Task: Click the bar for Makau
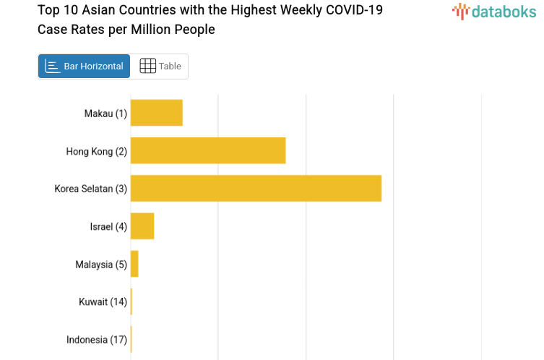(x=156, y=113)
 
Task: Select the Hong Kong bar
(x=208, y=150)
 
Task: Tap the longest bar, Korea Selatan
(x=256, y=188)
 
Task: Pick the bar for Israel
(x=142, y=226)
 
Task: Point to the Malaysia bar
(x=134, y=264)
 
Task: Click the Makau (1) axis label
(x=105, y=113)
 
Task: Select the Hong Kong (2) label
(x=96, y=151)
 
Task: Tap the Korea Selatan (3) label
(x=90, y=189)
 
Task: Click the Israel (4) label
(x=108, y=227)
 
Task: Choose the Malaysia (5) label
(x=101, y=265)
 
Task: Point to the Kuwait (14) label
(x=103, y=302)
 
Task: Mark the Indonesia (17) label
(x=97, y=340)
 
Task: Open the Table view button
(x=160, y=67)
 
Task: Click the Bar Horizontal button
(x=84, y=67)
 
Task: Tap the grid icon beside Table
(x=147, y=67)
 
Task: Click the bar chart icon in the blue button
(x=52, y=67)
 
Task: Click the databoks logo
(x=494, y=11)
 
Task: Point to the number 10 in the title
(x=69, y=10)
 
